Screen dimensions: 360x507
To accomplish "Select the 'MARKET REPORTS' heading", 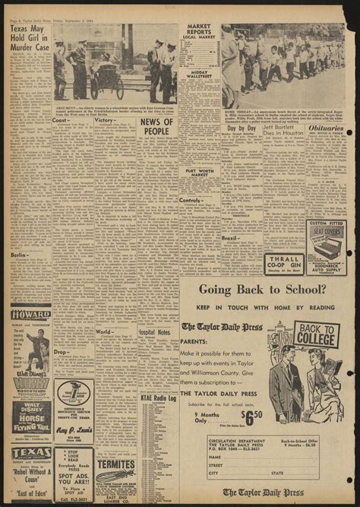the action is [198, 33].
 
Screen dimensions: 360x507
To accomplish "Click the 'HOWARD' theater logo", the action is [31, 314].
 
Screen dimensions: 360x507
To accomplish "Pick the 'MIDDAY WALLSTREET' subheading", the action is [200, 74].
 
